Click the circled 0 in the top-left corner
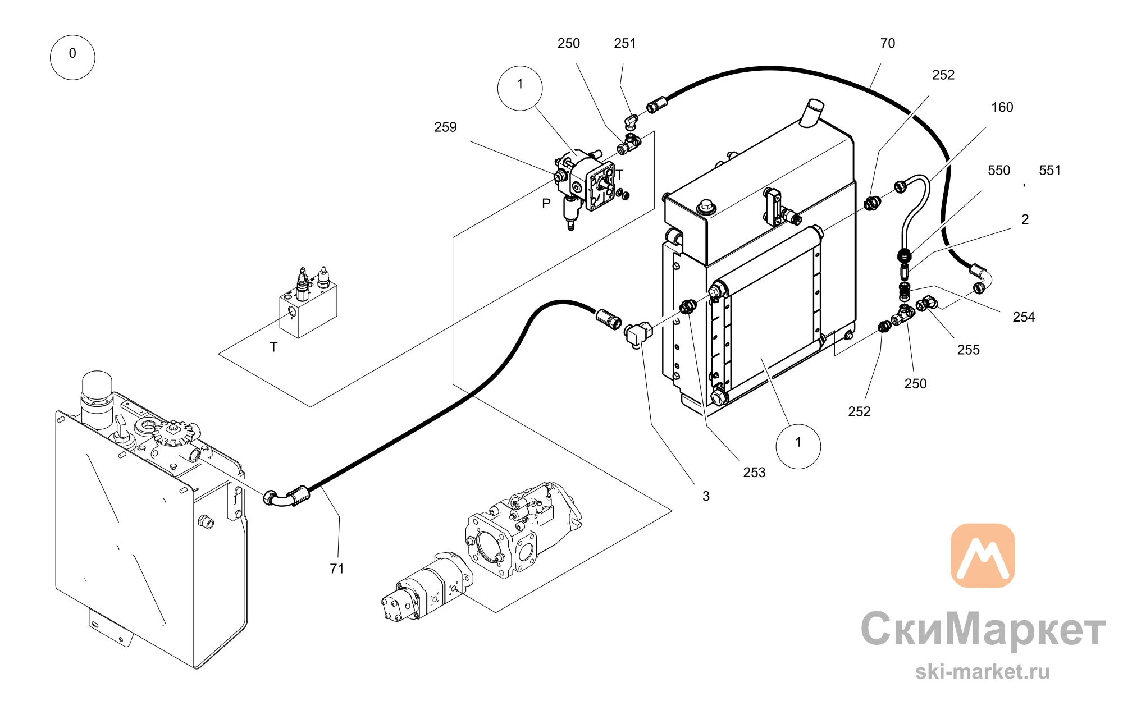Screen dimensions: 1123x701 tap(72, 57)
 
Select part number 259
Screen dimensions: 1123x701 tap(445, 127)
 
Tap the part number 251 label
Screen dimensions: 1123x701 tap(625, 44)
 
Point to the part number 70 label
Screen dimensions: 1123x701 tap(888, 44)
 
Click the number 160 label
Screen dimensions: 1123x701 tap(1002, 107)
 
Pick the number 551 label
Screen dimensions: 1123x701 tap(1050, 171)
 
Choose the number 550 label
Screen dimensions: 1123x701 tap(999, 171)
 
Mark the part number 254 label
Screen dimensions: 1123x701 tap(1024, 317)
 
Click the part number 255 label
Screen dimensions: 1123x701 tap(969, 350)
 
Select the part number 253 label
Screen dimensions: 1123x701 tap(754, 473)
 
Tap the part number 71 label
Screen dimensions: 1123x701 tap(337, 569)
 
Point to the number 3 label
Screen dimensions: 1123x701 tap(706, 496)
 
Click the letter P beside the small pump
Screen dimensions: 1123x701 tap(546, 204)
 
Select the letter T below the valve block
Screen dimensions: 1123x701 tap(273, 347)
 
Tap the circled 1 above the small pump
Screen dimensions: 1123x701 tap(520, 88)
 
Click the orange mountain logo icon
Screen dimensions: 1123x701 tap(983, 556)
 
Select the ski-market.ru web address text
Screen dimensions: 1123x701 tap(983, 672)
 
